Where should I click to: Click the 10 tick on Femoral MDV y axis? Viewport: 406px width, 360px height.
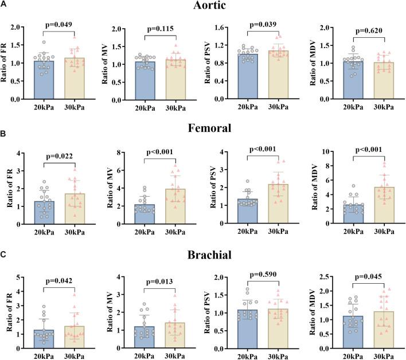(328, 152)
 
